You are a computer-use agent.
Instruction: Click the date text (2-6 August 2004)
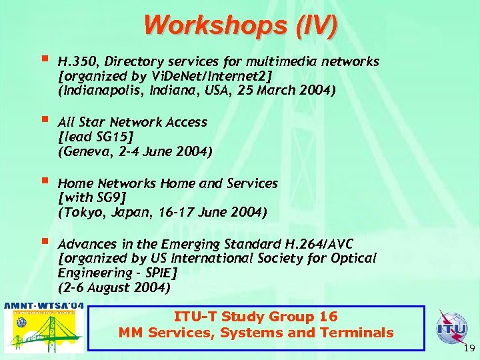[114, 288]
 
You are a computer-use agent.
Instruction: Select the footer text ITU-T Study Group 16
[255, 317]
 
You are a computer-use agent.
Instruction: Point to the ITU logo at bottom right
[451, 328]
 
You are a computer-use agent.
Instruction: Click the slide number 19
[468, 349]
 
